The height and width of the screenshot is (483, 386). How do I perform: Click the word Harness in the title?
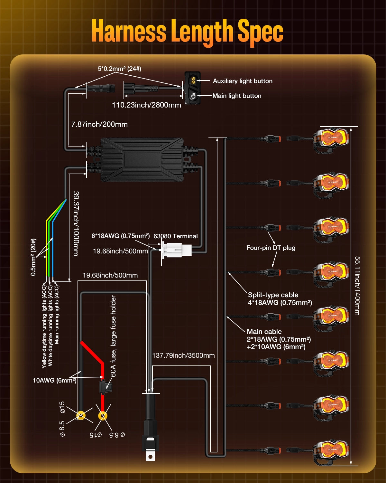click(129, 31)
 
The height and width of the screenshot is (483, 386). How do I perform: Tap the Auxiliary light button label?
click(243, 81)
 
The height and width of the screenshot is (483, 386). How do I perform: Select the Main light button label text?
click(237, 96)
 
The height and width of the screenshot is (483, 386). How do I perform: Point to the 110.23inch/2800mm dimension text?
click(146, 105)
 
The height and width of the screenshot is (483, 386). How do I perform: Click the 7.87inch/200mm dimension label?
click(99, 124)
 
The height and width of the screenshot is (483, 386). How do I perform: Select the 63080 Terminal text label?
click(176, 236)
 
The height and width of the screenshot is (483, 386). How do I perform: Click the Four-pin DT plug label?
click(271, 248)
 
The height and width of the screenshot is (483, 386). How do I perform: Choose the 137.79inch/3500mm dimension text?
click(183, 355)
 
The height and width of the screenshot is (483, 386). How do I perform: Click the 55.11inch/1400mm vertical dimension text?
click(357, 286)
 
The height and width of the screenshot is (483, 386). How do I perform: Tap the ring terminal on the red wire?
click(103, 416)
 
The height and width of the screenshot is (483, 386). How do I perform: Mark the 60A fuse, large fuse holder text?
click(113, 336)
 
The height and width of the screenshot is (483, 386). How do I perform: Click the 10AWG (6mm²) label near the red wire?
click(54, 380)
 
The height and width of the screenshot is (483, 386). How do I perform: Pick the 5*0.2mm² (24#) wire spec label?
click(119, 69)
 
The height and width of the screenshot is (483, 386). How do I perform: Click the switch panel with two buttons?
click(192, 88)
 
